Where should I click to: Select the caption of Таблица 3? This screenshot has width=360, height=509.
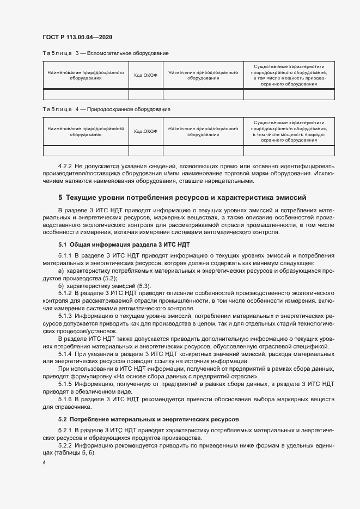pyautogui.click(x=105, y=53)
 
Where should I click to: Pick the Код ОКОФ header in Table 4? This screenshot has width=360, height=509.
pyautogui.click(x=145, y=131)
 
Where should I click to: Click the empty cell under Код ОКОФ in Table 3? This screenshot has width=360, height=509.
pyautogui.click(x=145, y=95)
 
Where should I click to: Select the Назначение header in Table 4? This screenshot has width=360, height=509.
pyautogui.click(x=203, y=131)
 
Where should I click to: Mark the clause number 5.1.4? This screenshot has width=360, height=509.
pyautogui.click(x=66, y=354)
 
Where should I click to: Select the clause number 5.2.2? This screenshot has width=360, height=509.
pyautogui.click(x=66, y=444)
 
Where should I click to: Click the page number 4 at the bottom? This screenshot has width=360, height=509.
pyautogui.click(x=44, y=463)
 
